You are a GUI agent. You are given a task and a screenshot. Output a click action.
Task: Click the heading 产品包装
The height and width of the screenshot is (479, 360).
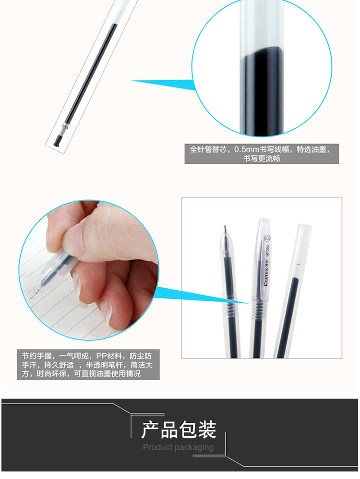179,429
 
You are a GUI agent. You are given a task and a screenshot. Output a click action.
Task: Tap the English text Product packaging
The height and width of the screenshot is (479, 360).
179,447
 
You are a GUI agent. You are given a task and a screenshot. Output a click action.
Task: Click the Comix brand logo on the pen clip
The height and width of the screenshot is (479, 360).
266,272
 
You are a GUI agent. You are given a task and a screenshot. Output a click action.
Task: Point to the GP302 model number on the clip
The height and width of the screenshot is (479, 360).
267,250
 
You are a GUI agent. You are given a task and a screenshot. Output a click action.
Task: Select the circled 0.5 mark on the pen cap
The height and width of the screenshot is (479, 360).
267,238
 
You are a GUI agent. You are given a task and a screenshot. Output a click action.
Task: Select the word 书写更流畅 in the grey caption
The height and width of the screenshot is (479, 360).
262,159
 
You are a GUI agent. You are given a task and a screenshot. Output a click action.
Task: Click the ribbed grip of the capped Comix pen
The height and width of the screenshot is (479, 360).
259,308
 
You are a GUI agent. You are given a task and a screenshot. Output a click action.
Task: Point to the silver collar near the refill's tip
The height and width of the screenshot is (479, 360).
63,128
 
